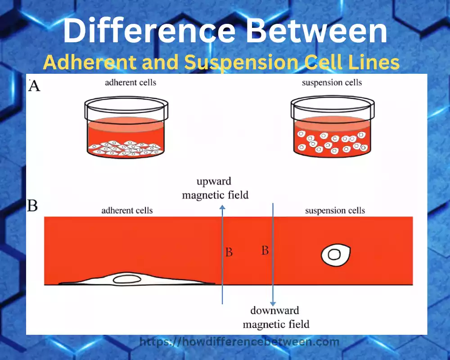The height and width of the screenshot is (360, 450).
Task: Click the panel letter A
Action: click(x=34, y=85)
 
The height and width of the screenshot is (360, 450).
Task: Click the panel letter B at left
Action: click(x=32, y=207)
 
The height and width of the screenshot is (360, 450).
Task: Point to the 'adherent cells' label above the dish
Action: click(x=130, y=83)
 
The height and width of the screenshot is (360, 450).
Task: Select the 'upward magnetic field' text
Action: click(x=215, y=188)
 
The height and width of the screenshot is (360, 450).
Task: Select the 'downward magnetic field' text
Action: click(x=275, y=317)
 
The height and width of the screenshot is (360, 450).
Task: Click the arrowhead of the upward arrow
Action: click(x=222, y=206)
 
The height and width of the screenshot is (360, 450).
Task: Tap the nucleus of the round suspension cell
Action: click(x=334, y=255)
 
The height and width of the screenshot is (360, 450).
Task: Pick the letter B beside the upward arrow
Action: click(x=229, y=252)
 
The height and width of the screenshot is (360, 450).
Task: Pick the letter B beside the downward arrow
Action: click(x=265, y=250)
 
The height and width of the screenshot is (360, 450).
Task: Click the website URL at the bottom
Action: click(x=239, y=342)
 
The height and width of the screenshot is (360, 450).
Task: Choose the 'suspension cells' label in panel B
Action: click(x=335, y=211)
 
